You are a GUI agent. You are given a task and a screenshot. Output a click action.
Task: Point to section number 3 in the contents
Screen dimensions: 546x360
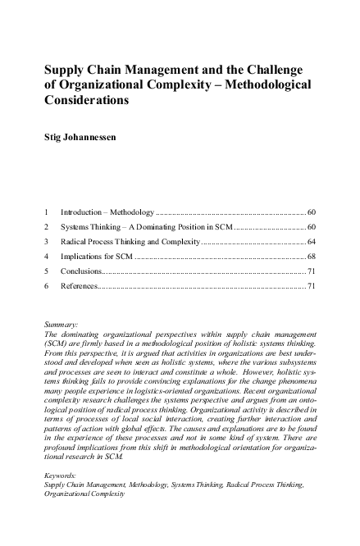[46, 243]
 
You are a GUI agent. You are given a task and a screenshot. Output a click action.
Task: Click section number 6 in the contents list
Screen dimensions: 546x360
[46, 286]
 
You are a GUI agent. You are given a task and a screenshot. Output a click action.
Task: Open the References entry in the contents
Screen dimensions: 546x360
[80, 286]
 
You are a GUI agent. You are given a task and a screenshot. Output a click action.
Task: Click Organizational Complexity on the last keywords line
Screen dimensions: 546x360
[85, 494]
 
